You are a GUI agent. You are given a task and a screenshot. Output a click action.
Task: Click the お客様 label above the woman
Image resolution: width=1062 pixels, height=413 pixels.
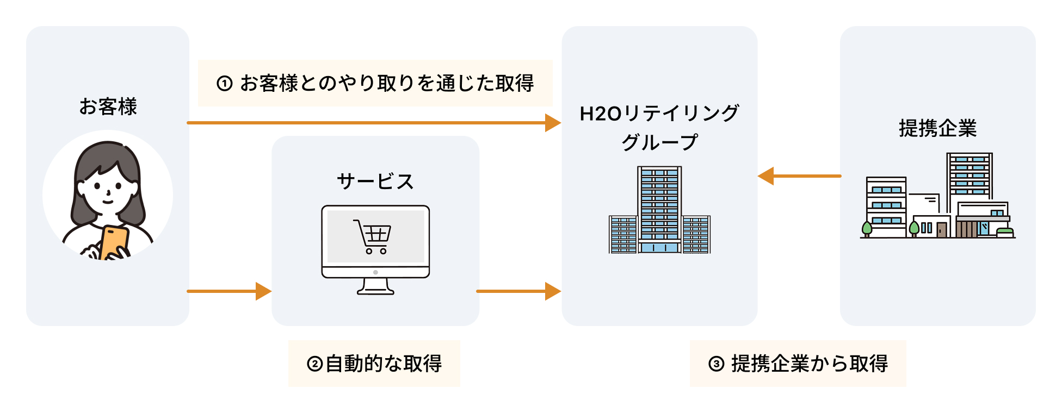click(108, 107)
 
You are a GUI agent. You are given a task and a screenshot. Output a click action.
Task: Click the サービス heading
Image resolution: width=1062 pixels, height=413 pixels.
click(375, 181)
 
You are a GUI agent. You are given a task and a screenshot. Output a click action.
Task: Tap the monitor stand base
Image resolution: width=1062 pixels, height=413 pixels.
click(375, 291)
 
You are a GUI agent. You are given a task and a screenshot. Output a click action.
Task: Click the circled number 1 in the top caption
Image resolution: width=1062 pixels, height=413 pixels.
click(225, 84)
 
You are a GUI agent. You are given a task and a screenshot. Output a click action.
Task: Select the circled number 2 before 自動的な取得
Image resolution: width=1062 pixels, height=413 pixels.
click(314, 364)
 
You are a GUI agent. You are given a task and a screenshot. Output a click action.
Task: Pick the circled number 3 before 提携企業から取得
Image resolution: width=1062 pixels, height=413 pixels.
click(716, 364)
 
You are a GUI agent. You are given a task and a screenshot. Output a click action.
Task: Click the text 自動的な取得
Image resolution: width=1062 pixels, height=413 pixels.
click(384, 364)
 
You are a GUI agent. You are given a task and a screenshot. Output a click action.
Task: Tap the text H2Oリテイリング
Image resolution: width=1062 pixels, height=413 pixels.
click(659, 114)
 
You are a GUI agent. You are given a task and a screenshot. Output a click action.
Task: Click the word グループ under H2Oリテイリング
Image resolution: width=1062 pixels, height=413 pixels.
click(659, 142)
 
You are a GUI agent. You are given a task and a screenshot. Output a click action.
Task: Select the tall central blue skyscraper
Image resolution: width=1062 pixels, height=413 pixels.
click(659, 209)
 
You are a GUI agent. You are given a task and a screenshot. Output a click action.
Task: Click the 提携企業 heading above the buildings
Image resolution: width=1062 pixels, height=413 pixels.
click(937, 128)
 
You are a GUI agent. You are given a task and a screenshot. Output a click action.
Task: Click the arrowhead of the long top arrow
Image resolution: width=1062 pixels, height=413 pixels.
click(553, 123)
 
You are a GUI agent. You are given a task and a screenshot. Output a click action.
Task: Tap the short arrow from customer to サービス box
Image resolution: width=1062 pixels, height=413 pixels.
click(229, 291)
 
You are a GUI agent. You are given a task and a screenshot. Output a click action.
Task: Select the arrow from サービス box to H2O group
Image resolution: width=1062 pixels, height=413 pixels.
click(517, 291)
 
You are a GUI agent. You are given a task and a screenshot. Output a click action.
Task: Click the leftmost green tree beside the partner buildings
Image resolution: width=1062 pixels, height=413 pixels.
click(867, 229)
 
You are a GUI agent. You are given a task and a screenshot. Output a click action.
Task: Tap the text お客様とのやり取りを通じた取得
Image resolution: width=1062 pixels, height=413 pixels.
click(387, 84)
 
